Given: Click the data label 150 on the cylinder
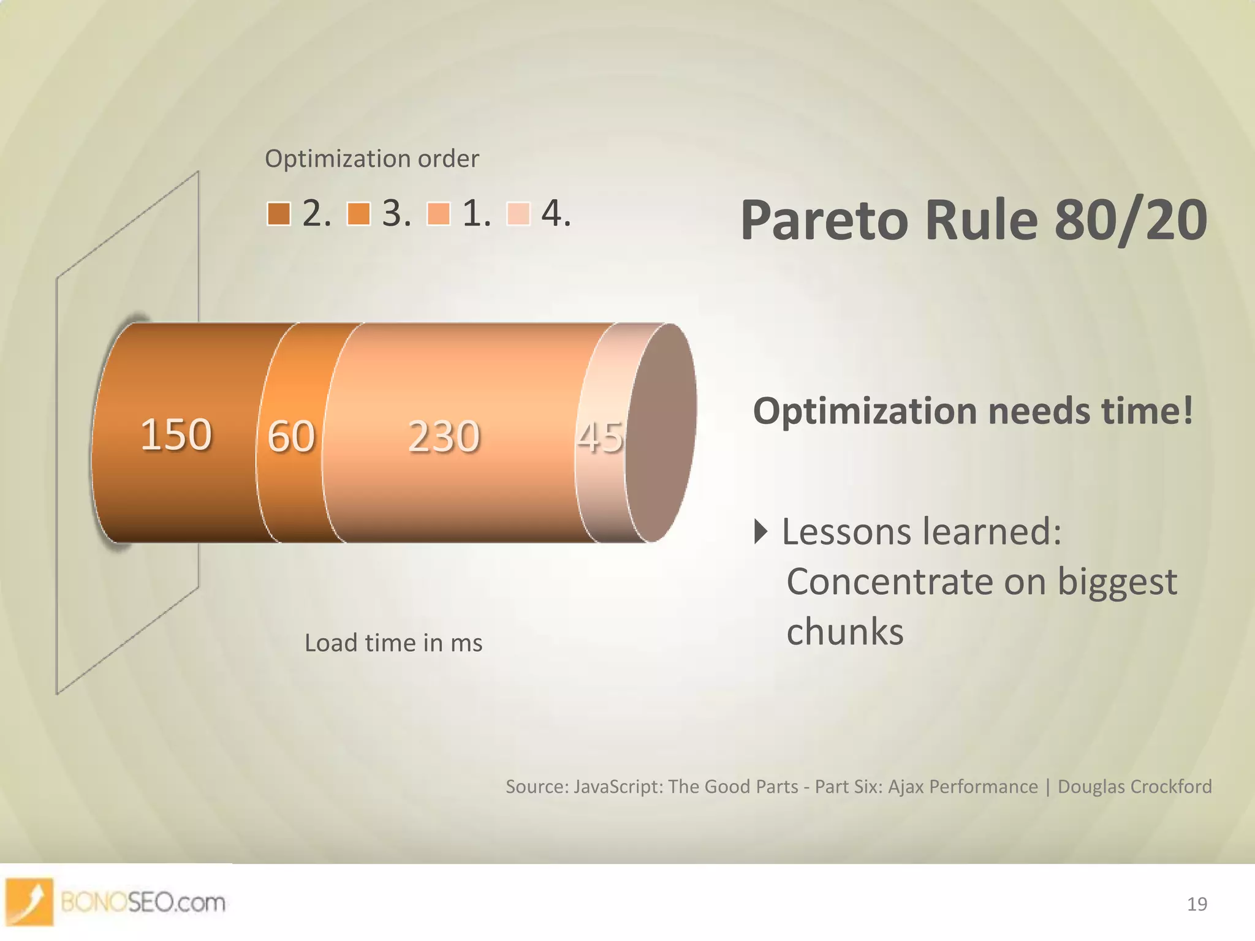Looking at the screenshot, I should [176, 435].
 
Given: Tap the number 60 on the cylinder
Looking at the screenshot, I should [291, 437].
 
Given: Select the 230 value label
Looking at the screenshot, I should [444, 437].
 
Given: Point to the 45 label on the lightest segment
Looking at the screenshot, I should [600, 437].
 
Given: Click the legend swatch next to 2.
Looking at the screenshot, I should [279, 214].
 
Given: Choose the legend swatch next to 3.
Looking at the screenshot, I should [358, 214].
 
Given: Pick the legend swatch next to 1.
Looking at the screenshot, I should [438, 214].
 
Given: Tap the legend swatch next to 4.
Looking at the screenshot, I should [518, 214].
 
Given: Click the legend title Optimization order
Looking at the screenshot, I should [371, 159].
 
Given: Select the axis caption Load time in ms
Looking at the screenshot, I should [393, 643].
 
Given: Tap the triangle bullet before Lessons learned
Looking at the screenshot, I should [760, 531].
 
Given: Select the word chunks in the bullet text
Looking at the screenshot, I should [844, 632].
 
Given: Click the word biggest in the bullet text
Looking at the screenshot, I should [1117, 582].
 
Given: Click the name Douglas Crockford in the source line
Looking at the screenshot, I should [1134, 787].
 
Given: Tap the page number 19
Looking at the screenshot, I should [1197, 904].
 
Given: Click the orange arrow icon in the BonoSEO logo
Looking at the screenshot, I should [29, 901].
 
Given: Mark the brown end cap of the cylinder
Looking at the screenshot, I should [662, 432].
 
